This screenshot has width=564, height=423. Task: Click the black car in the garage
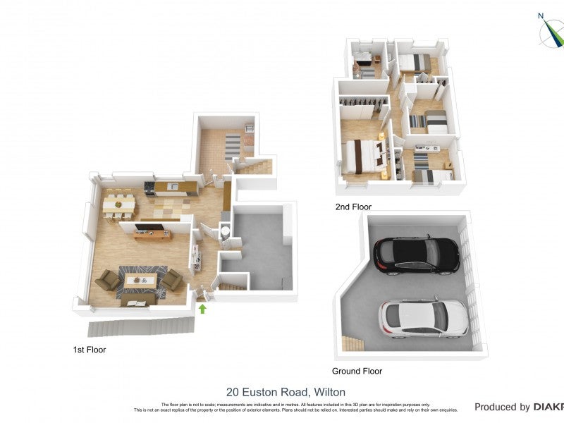416,255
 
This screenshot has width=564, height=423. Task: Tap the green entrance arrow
202,308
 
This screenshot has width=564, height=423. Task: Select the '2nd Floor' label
353,207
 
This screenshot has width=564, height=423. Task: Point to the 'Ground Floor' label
357,371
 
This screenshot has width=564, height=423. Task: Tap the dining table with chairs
118,205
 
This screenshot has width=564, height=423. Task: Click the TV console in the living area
153,233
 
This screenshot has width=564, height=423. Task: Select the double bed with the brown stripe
363,155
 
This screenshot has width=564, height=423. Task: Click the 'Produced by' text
502,407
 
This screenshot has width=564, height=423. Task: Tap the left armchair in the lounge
108,281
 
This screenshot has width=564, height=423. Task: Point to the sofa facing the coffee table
137,300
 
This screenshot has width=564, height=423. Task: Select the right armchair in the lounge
173,280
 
